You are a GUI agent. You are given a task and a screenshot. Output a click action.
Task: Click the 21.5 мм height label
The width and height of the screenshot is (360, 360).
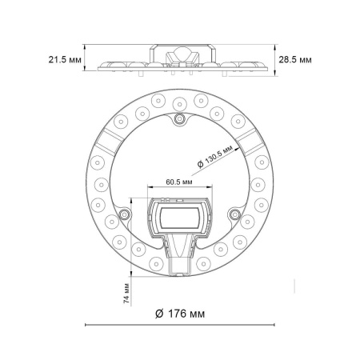[x=64, y=60]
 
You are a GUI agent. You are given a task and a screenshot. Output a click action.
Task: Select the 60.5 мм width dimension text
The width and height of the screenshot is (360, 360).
[x=178, y=182]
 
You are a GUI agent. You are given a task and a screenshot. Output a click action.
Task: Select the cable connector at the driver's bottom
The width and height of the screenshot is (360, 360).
[x=179, y=262]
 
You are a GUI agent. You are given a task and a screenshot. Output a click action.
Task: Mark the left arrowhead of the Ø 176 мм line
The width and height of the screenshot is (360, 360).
[x=87, y=324]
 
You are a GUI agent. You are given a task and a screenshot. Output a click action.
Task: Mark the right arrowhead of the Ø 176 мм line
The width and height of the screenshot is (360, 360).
[x=273, y=324]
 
